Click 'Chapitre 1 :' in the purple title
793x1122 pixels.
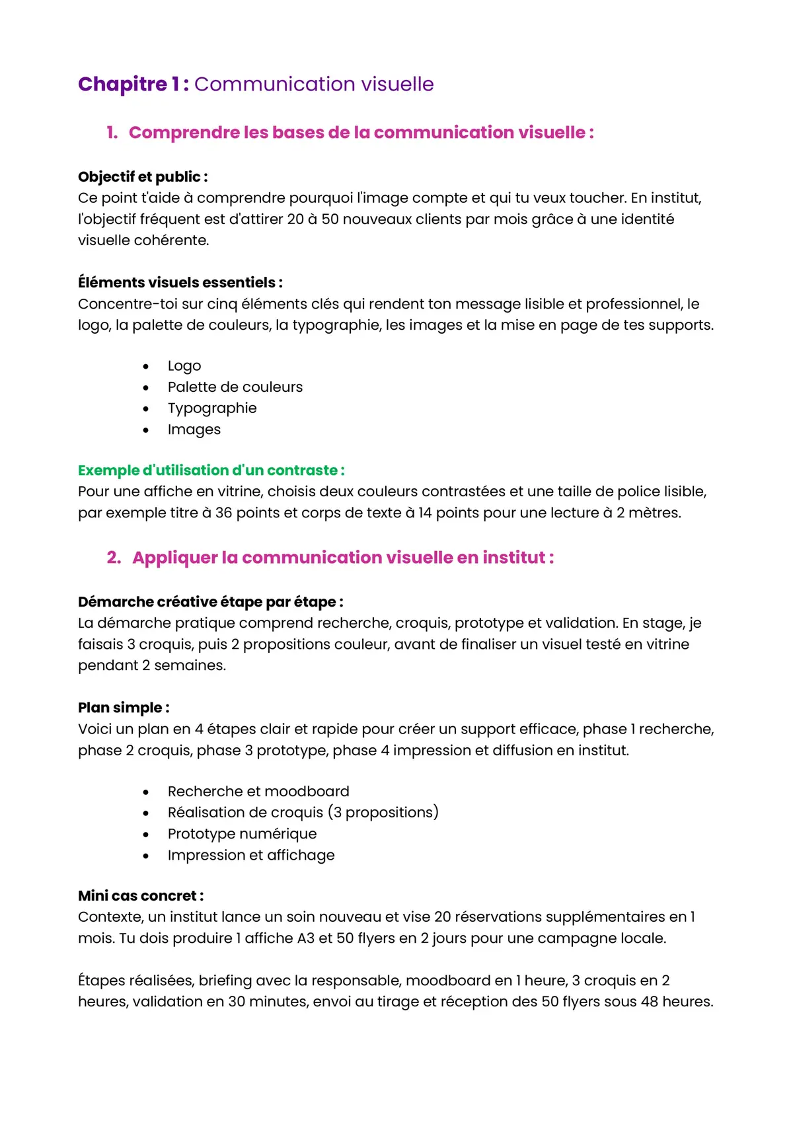133,85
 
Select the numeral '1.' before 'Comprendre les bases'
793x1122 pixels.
112,133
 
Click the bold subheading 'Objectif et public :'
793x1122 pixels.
143,177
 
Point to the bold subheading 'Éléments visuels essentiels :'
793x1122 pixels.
180,283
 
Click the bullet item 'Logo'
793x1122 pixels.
184,366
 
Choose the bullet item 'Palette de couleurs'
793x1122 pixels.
235,387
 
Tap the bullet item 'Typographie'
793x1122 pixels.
211,408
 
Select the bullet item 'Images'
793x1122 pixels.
194,430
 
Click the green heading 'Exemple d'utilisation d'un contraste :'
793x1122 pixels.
211,470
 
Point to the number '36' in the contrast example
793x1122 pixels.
223,513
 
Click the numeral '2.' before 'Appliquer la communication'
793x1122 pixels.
114,558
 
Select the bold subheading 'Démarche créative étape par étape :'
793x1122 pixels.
210,602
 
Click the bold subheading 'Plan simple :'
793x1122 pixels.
124,708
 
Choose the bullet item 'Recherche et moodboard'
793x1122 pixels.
258,792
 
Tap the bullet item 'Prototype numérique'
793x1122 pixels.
242,834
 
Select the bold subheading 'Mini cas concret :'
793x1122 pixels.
141,896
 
